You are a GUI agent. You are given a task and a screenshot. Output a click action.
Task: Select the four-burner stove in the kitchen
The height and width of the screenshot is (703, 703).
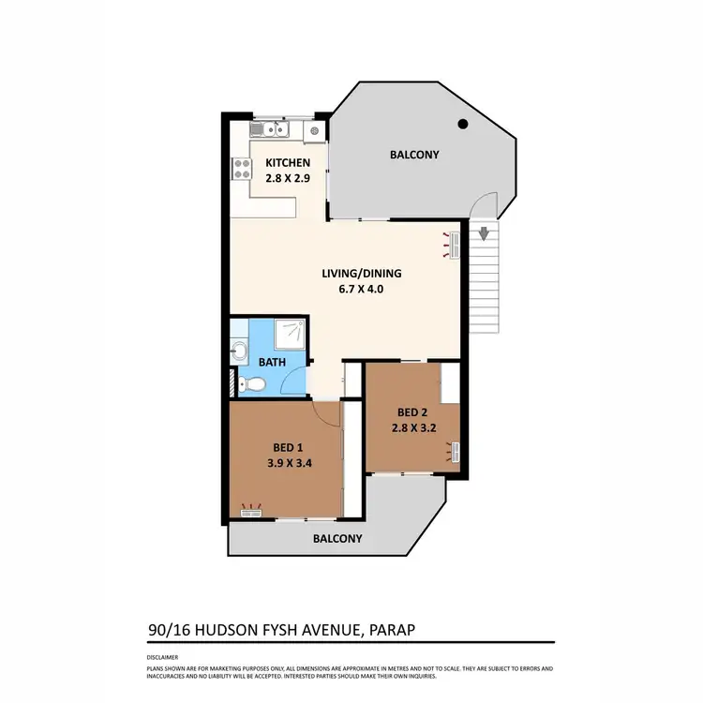pos(242,170)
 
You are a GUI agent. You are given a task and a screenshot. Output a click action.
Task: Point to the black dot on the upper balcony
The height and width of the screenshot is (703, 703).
pos(462,124)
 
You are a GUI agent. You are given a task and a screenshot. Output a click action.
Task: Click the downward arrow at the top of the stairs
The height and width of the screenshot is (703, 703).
pos(484,233)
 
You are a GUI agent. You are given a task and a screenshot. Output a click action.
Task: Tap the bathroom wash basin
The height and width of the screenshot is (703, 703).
pos(238,351)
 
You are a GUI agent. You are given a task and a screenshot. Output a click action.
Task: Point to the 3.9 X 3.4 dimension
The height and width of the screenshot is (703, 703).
pos(288,461)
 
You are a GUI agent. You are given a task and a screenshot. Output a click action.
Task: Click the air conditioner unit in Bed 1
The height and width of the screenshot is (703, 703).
pos(250,511)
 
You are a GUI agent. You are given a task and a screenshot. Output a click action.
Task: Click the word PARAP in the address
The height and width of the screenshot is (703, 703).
pos(385,630)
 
